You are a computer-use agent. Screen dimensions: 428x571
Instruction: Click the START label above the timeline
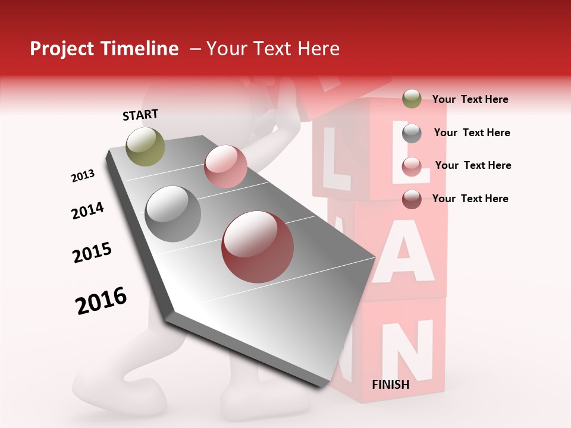(x=140, y=115)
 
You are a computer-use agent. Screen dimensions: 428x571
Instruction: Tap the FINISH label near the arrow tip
(x=390, y=385)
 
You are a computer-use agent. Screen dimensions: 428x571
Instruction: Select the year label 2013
(x=83, y=176)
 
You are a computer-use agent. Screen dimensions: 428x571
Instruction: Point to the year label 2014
(x=87, y=211)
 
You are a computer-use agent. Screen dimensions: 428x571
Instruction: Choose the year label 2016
(x=101, y=300)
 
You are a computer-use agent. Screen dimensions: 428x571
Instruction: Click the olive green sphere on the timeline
(x=145, y=146)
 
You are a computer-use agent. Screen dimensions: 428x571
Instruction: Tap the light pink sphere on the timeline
(x=225, y=166)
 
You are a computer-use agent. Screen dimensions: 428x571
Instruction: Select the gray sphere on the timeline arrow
(x=173, y=213)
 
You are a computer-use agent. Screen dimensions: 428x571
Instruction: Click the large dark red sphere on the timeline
(x=258, y=247)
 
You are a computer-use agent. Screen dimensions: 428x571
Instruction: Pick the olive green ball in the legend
(x=412, y=99)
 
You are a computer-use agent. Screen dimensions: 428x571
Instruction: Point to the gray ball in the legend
(x=412, y=133)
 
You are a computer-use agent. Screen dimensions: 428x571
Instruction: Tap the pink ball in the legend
(x=412, y=166)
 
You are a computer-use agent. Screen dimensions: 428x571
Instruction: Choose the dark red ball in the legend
(x=412, y=199)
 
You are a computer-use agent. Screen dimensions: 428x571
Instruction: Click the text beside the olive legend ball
(x=470, y=99)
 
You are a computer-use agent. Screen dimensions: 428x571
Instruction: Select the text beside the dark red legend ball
(x=470, y=199)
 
